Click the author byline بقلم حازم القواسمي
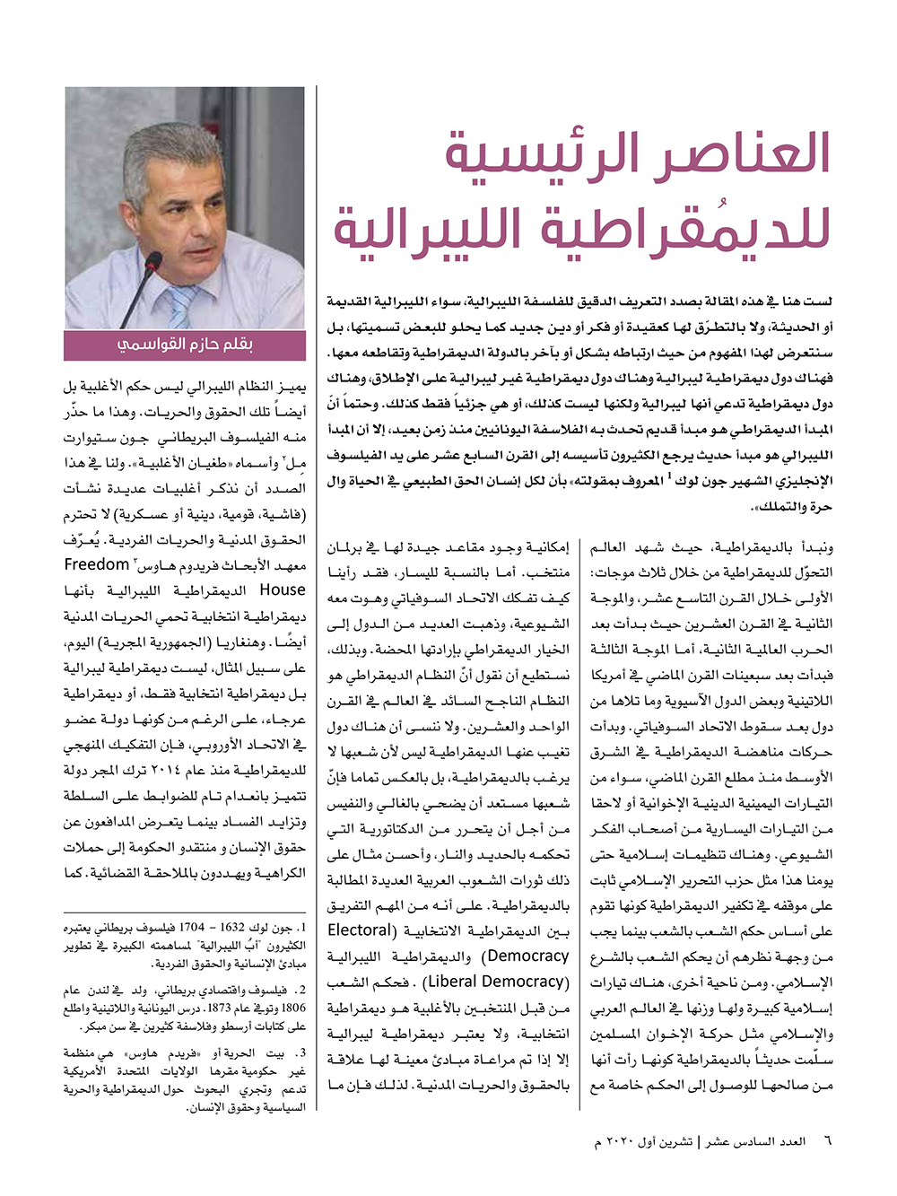click(x=185, y=345)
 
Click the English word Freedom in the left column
click(x=97, y=564)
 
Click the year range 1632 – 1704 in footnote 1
click(x=236, y=928)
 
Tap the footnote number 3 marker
click(x=302, y=1053)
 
